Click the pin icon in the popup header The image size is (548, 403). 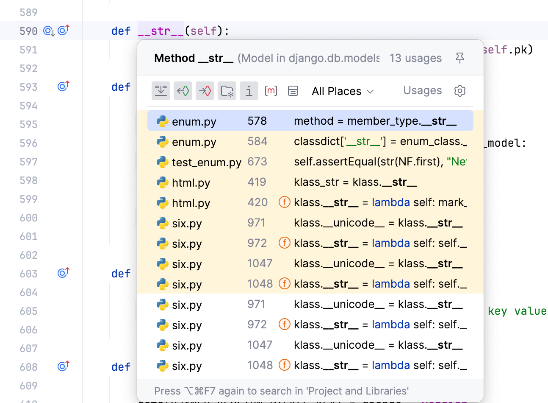point(460,58)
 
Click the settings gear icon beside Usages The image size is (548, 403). point(460,91)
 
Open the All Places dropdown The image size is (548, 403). point(343,91)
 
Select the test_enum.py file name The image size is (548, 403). point(207,162)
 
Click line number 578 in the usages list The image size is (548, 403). point(257,121)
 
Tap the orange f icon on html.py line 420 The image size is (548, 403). point(285,202)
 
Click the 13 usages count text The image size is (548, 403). point(415,58)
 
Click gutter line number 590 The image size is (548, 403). point(28,31)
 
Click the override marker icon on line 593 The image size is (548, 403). point(64,86)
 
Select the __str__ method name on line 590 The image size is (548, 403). point(161,31)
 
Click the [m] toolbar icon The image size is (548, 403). point(271,91)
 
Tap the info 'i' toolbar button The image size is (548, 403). point(249,91)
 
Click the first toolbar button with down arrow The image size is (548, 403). point(161,91)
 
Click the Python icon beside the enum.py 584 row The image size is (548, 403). point(163,142)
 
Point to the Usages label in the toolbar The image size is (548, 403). point(422,91)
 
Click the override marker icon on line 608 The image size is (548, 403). point(64,366)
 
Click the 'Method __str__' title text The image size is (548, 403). point(194,58)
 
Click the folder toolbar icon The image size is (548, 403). point(227,91)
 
